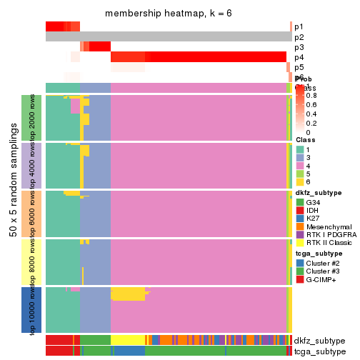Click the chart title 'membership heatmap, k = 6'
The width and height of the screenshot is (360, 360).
(x=168, y=14)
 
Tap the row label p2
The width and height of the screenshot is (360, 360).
(x=299, y=37)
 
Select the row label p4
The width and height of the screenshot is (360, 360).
(x=299, y=57)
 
